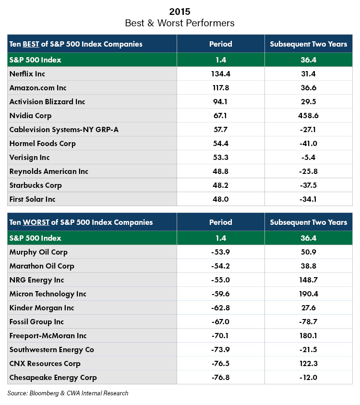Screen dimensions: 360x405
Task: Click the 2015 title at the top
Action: (x=180, y=12)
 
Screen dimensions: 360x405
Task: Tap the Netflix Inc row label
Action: (x=27, y=74)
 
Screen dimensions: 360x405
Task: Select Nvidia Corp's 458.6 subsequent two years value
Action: (x=308, y=115)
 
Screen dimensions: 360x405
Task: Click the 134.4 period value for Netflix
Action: (x=221, y=74)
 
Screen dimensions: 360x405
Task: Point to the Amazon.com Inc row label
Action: (x=38, y=88)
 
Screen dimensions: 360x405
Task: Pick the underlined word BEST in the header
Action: (x=31, y=44)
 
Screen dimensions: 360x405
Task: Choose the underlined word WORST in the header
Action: (x=36, y=222)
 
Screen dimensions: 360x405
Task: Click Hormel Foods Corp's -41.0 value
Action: (x=308, y=143)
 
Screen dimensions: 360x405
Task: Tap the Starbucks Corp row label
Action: (x=36, y=185)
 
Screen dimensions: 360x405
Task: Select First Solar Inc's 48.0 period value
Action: (x=221, y=199)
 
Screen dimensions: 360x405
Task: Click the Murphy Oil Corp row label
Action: (x=38, y=252)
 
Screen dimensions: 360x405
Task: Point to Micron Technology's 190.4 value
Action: (x=308, y=294)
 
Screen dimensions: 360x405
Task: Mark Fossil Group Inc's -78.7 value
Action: (x=308, y=321)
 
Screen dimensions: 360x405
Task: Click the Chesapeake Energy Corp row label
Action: (x=53, y=378)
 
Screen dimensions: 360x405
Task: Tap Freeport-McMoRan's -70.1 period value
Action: (x=220, y=335)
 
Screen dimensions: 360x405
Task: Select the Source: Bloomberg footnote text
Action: (x=68, y=393)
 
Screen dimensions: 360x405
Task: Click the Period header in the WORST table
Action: (x=221, y=222)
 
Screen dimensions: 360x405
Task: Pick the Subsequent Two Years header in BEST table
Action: (x=308, y=44)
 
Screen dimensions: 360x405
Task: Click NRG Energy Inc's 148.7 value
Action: (x=308, y=280)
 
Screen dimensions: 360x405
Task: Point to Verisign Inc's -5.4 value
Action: (x=308, y=157)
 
